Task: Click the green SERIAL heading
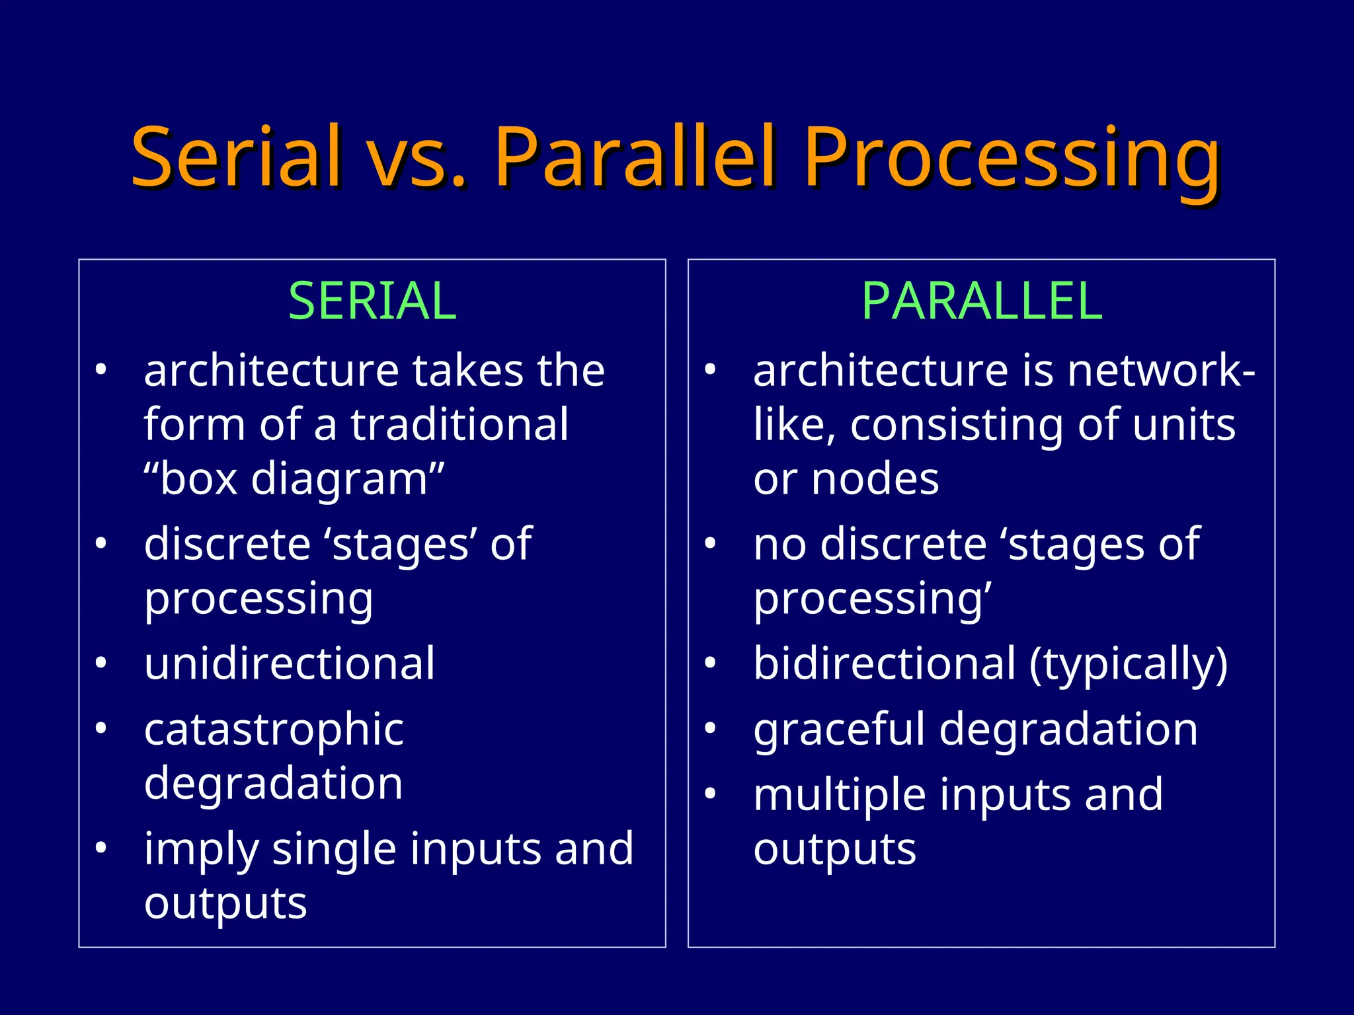(x=372, y=301)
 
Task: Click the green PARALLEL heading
(x=982, y=301)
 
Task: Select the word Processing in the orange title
(x=1012, y=159)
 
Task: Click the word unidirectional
(x=290, y=663)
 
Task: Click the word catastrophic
(x=274, y=730)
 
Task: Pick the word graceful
(x=839, y=730)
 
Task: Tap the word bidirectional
(x=885, y=663)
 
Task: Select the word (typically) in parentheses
(x=1129, y=665)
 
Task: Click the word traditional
(x=459, y=424)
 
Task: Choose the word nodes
(x=875, y=478)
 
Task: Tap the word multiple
(x=839, y=796)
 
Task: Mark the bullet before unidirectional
(x=100, y=662)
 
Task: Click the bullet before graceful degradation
(x=710, y=728)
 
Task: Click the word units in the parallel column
(x=1183, y=424)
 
